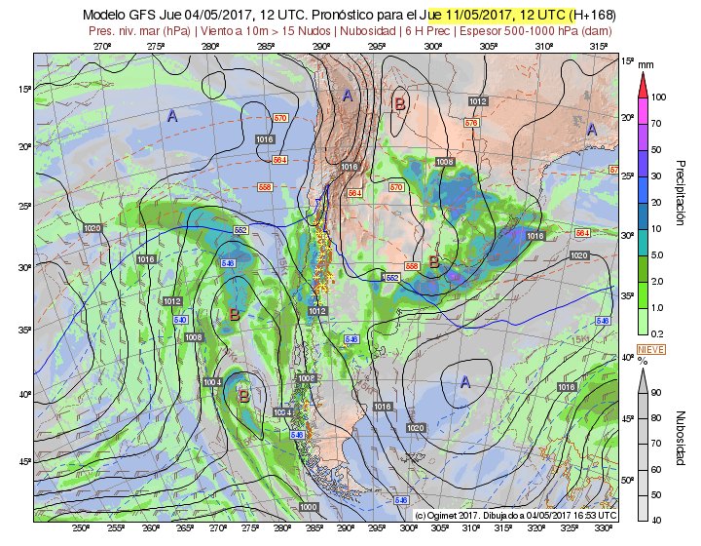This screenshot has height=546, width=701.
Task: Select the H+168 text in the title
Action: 595,16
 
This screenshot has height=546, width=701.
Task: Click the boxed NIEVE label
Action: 649,348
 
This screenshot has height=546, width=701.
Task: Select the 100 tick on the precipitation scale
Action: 659,97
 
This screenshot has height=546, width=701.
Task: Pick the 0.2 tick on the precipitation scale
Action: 658,333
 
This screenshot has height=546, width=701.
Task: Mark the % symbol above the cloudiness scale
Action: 643,361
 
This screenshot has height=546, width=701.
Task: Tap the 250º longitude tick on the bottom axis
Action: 80,528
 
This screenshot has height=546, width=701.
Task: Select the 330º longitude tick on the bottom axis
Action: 605,528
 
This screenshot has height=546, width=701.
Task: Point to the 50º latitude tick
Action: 628,481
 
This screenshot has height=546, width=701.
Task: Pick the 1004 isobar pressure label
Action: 213,381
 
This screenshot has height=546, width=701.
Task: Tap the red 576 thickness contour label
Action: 471,123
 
